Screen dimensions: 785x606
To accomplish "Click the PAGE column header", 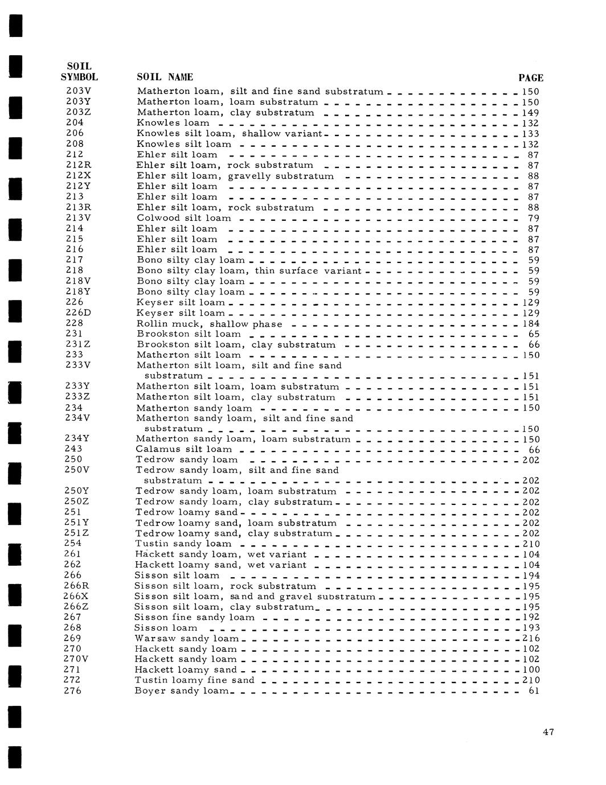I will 531,78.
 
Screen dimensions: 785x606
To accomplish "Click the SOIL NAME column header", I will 165,77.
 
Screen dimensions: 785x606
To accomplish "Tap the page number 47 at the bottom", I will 548,733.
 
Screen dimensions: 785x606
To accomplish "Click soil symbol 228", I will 75,323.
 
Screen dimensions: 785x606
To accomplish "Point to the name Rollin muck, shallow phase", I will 210,324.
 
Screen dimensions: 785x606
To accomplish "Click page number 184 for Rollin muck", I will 531,324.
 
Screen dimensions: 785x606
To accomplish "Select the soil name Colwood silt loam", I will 184,218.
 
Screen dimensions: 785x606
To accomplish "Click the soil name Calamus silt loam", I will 184,449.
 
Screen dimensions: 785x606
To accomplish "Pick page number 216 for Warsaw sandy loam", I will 531,638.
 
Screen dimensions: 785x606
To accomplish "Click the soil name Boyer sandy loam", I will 182,691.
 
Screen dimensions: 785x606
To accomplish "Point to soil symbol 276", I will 72,691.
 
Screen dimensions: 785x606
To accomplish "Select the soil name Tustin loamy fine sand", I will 194,680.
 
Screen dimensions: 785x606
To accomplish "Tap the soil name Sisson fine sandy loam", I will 194,617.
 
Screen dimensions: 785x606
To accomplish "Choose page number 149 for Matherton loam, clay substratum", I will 531,113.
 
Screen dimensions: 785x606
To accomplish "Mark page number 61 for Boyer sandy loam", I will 534,691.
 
